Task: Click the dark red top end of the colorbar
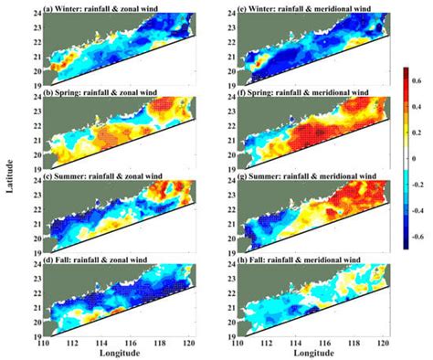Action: coord(396,73)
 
